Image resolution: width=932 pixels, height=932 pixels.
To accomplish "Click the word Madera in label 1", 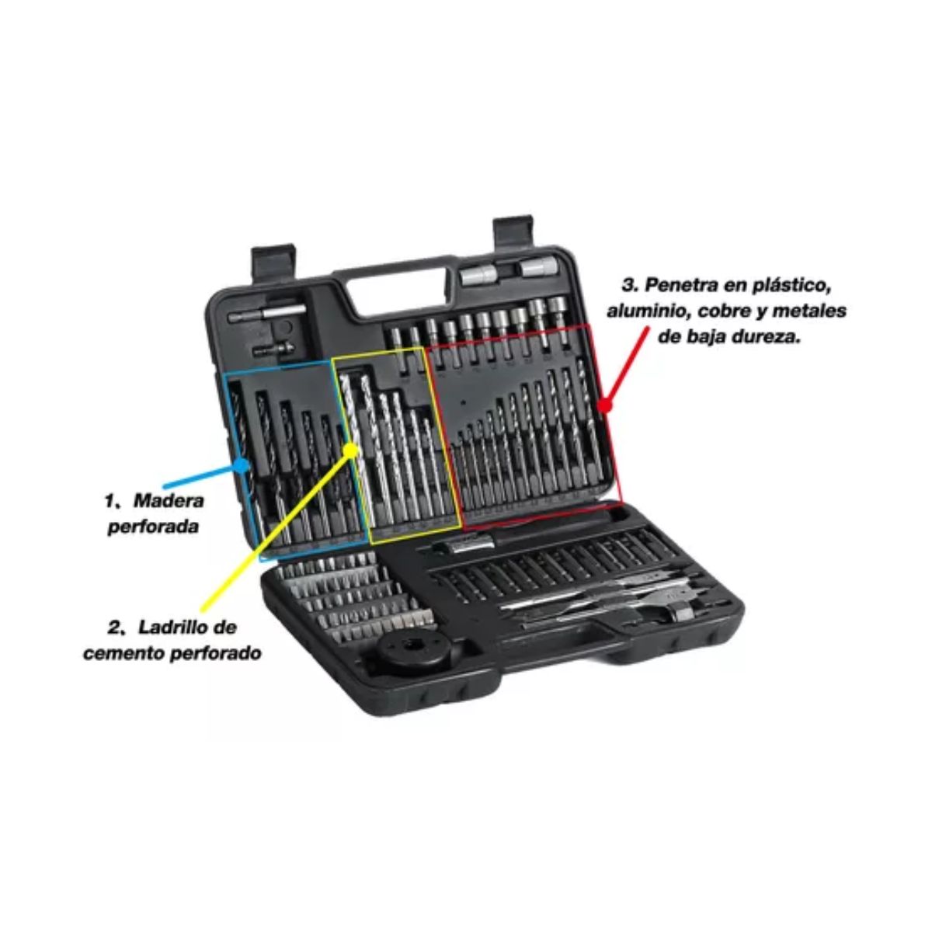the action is click(169, 501).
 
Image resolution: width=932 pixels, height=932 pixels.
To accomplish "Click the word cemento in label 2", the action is click(124, 653).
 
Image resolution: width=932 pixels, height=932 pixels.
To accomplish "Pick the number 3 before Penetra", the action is click(628, 285).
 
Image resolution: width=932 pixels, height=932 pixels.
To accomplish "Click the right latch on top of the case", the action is click(513, 235).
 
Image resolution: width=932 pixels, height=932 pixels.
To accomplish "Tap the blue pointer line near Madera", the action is click(202, 475).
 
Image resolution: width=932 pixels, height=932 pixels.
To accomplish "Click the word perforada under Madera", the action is click(153, 527).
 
